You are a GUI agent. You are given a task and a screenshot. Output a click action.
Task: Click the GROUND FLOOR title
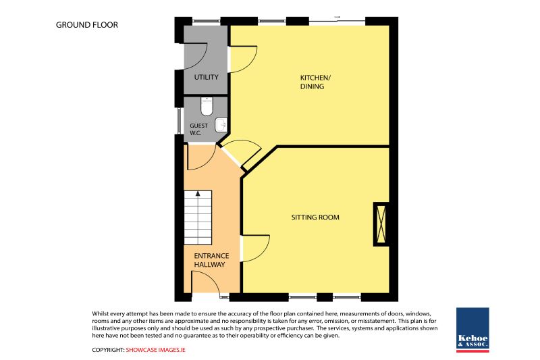87,25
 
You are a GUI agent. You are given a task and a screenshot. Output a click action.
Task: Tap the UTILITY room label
207,77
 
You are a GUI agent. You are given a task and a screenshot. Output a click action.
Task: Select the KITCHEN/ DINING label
315,82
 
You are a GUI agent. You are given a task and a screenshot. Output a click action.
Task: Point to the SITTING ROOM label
315,217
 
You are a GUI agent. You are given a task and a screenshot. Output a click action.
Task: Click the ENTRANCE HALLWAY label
211,260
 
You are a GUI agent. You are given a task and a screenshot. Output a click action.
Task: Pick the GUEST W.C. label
198,129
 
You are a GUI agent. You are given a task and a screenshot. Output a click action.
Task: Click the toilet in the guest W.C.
207,107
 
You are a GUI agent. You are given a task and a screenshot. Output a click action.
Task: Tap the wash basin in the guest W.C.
221,125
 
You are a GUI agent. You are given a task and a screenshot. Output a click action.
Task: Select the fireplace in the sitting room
381,224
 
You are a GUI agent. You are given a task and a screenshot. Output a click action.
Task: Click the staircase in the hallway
198,217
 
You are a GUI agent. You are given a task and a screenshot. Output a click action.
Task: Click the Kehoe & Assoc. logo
473,330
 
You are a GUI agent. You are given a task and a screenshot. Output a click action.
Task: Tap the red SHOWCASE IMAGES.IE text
156,350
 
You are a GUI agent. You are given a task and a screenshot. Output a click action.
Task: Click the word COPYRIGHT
108,350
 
